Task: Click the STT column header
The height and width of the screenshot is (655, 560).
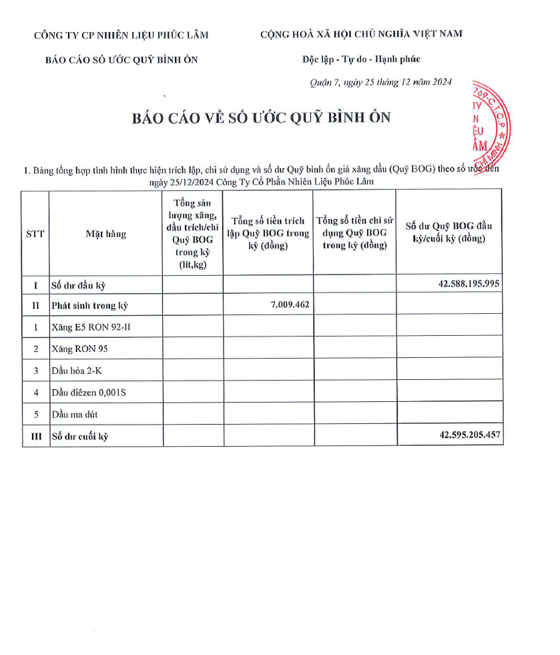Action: [35, 234]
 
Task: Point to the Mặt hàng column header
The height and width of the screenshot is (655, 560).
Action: [105, 234]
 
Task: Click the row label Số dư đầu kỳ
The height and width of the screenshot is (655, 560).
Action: [79, 285]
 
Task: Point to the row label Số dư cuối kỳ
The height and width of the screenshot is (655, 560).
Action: [80, 437]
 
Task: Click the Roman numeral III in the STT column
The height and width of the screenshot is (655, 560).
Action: [35, 437]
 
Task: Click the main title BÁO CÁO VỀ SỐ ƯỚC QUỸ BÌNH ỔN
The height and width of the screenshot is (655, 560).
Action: [261, 118]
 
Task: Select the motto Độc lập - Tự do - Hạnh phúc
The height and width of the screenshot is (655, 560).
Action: [360, 59]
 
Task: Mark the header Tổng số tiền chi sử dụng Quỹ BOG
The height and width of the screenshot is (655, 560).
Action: [354, 232]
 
